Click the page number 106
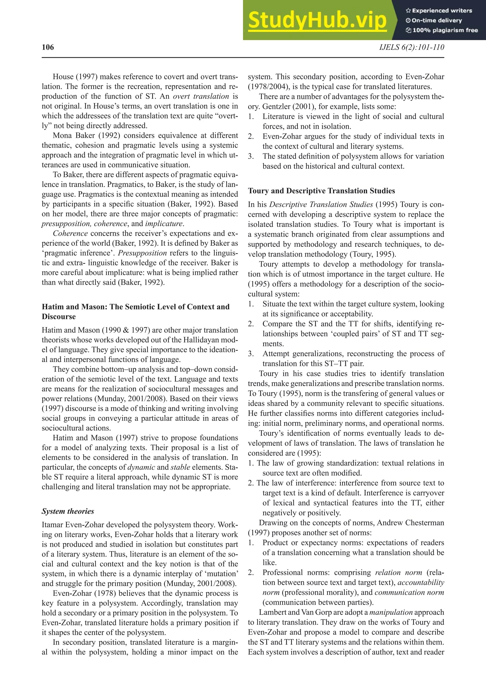point(48,47)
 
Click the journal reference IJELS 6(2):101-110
point(411,47)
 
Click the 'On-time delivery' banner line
point(437,20)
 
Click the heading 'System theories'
point(68,511)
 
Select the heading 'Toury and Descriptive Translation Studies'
point(321,191)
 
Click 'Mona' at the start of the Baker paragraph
point(62,136)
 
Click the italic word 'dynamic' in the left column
point(141,467)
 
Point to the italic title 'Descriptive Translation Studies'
point(321,205)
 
